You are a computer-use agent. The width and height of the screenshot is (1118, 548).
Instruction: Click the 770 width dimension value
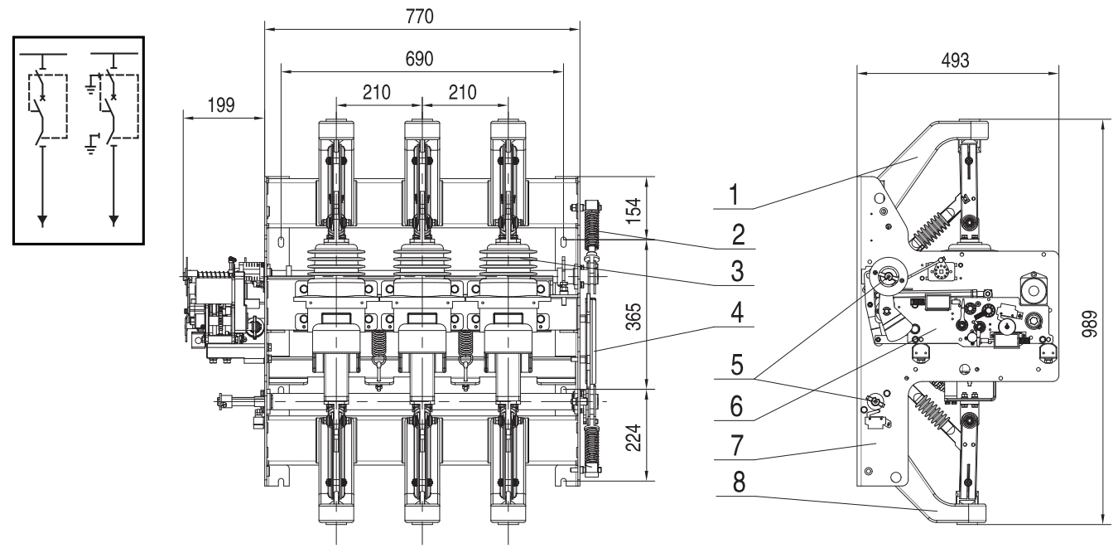[x=422, y=16]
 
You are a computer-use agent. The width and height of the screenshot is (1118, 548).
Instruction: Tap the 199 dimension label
[x=220, y=104]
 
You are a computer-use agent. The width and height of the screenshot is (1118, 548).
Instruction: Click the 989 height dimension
[x=1092, y=321]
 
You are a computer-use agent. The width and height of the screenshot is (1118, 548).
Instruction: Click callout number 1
[x=735, y=196]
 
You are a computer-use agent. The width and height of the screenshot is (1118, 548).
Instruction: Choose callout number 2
[x=735, y=234]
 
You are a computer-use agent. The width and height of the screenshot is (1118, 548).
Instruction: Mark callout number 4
[x=735, y=318]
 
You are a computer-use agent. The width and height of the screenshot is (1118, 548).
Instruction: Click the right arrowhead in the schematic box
[x=114, y=220]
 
